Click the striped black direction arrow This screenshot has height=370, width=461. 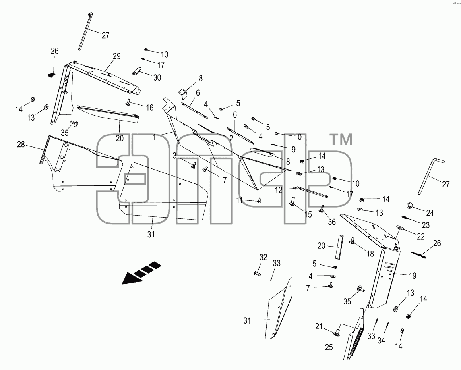141,272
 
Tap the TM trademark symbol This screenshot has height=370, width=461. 342,139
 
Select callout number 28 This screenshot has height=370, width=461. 21,145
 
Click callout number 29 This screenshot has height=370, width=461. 117,56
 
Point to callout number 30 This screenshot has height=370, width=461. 157,77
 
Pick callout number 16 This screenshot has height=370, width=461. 150,108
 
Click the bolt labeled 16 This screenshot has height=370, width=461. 129,102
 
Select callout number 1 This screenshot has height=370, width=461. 154,137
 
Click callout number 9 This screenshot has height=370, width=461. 293,149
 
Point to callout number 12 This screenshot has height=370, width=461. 279,190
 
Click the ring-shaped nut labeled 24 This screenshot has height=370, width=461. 409,205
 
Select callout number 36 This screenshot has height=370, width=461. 331,222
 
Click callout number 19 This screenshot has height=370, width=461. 413,276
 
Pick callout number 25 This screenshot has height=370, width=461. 329,347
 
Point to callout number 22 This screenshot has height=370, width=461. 421,237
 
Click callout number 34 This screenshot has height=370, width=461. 381,340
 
